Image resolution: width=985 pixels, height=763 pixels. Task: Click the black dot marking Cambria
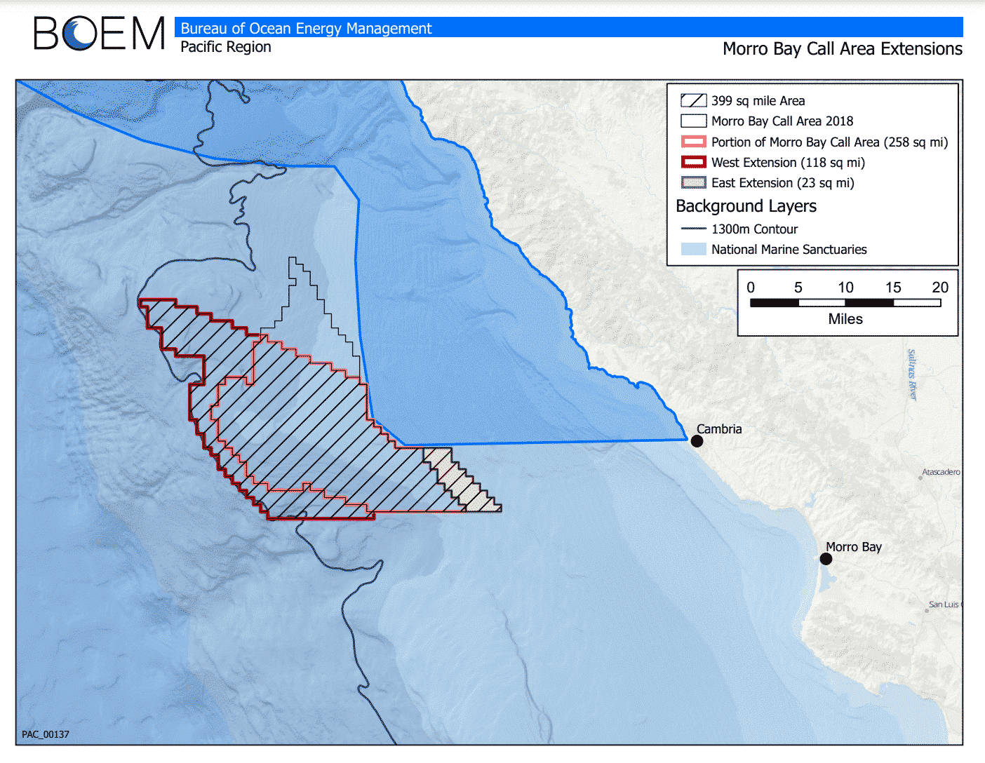click(697, 441)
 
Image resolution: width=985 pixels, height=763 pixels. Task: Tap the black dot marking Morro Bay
click(826, 559)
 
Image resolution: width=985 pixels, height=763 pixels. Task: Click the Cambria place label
click(719, 428)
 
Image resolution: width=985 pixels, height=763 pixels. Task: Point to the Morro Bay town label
click(853, 547)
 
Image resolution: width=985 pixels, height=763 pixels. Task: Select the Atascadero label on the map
click(941, 472)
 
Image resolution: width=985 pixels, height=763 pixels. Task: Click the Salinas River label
click(911, 374)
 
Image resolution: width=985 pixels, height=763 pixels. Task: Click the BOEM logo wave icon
click(78, 34)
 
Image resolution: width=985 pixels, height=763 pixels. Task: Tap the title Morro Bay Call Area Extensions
click(842, 49)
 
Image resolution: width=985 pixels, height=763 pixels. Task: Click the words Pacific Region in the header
click(225, 47)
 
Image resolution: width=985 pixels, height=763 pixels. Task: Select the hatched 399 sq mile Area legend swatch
click(693, 100)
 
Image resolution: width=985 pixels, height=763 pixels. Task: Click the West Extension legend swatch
click(693, 163)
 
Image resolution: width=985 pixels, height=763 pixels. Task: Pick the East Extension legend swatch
click(693, 183)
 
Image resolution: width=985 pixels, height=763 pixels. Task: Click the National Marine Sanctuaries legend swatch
click(693, 249)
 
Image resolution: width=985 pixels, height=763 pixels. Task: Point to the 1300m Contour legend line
click(693, 229)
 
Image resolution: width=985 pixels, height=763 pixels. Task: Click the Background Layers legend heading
click(746, 206)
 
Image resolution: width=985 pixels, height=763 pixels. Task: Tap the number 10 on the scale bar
click(845, 288)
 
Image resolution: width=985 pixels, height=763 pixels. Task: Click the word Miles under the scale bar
click(845, 319)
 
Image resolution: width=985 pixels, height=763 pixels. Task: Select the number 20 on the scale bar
click(940, 288)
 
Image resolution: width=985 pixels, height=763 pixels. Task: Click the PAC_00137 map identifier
click(46, 734)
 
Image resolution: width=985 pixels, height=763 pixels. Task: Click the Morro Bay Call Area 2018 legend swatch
click(693, 121)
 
